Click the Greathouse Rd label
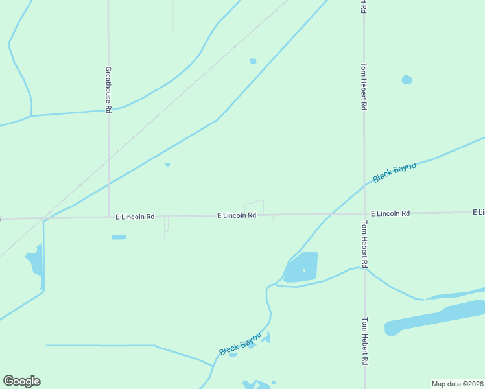[x=108, y=89]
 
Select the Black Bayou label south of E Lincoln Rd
[x=240, y=343]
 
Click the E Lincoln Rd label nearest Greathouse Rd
[x=135, y=217]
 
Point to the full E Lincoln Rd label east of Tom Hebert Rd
[x=390, y=213]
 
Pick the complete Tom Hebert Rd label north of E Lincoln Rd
[x=364, y=86]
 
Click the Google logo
[x=21, y=381]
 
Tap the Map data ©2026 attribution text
[x=458, y=384]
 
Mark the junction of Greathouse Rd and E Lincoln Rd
[x=108, y=217]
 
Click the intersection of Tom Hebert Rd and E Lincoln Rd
[x=364, y=213]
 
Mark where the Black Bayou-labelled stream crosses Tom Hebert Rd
[x=364, y=185]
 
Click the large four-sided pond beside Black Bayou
[x=303, y=266]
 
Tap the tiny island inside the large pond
[x=303, y=270]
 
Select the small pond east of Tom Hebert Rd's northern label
[x=407, y=80]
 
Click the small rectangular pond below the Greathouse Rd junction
[x=119, y=237]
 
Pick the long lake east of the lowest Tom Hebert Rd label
[x=434, y=318]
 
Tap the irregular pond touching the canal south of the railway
[x=36, y=263]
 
